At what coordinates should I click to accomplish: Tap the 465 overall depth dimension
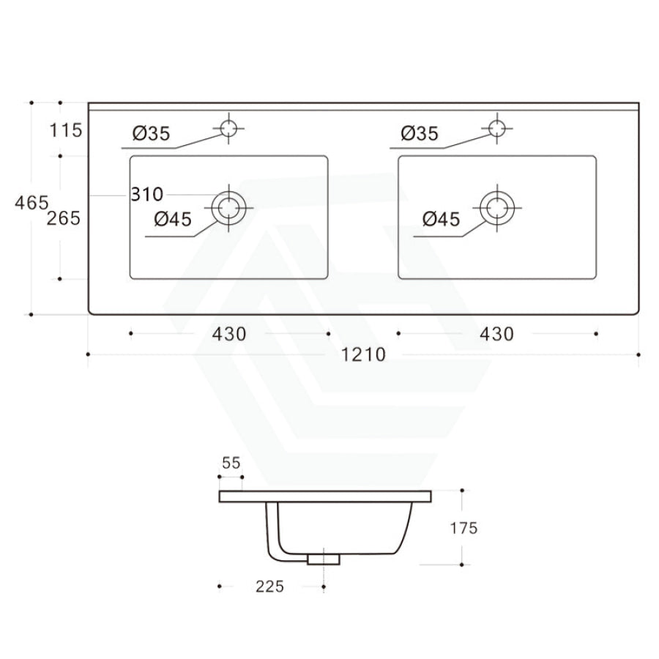point(31,203)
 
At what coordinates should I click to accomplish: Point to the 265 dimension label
point(64,217)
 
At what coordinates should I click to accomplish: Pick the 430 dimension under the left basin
point(229,334)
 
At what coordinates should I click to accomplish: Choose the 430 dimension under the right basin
point(496,334)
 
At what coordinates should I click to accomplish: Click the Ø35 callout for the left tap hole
point(151,133)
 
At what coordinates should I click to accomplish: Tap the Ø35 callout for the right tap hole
point(419,133)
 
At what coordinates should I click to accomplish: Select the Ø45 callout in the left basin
point(173,219)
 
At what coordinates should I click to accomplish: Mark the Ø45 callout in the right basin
point(442,219)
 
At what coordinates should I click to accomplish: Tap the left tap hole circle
point(230,128)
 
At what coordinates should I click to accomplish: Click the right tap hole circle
point(498,128)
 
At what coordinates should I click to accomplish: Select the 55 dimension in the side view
point(231,463)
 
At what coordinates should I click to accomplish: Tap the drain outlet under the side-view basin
point(324,560)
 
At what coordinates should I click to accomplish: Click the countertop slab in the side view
point(325,496)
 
